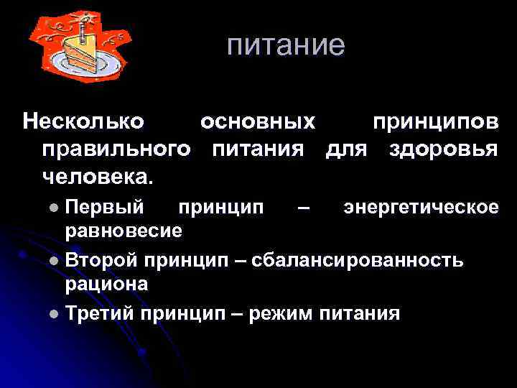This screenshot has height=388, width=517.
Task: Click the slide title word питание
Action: (x=286, y=45)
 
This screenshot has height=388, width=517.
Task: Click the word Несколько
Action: (x=83, y=121)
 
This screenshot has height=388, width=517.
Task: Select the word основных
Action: (x=258, y=121)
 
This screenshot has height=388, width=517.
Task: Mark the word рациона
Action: (x=107, y=284)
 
